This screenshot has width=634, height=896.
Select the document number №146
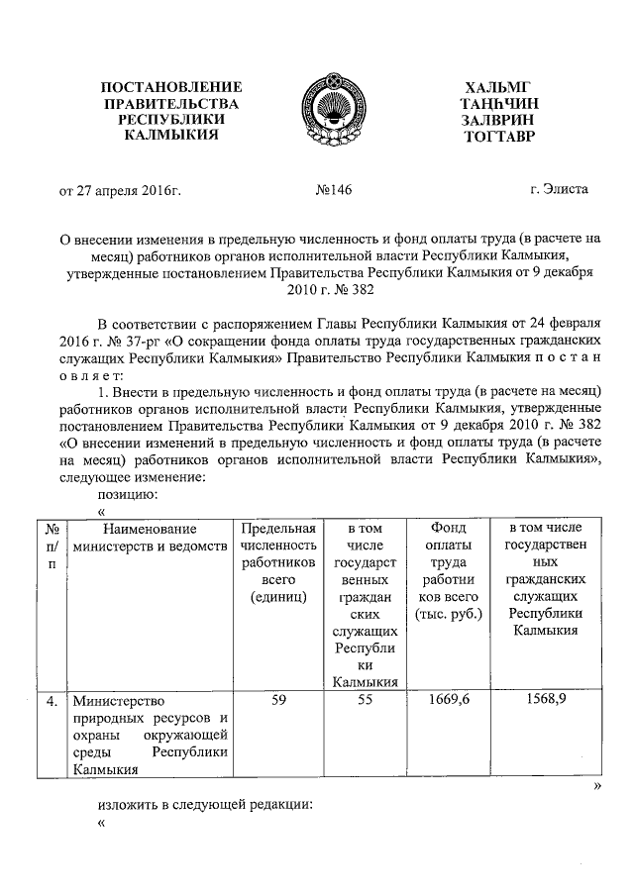333,189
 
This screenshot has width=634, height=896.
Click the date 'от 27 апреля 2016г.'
123,189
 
